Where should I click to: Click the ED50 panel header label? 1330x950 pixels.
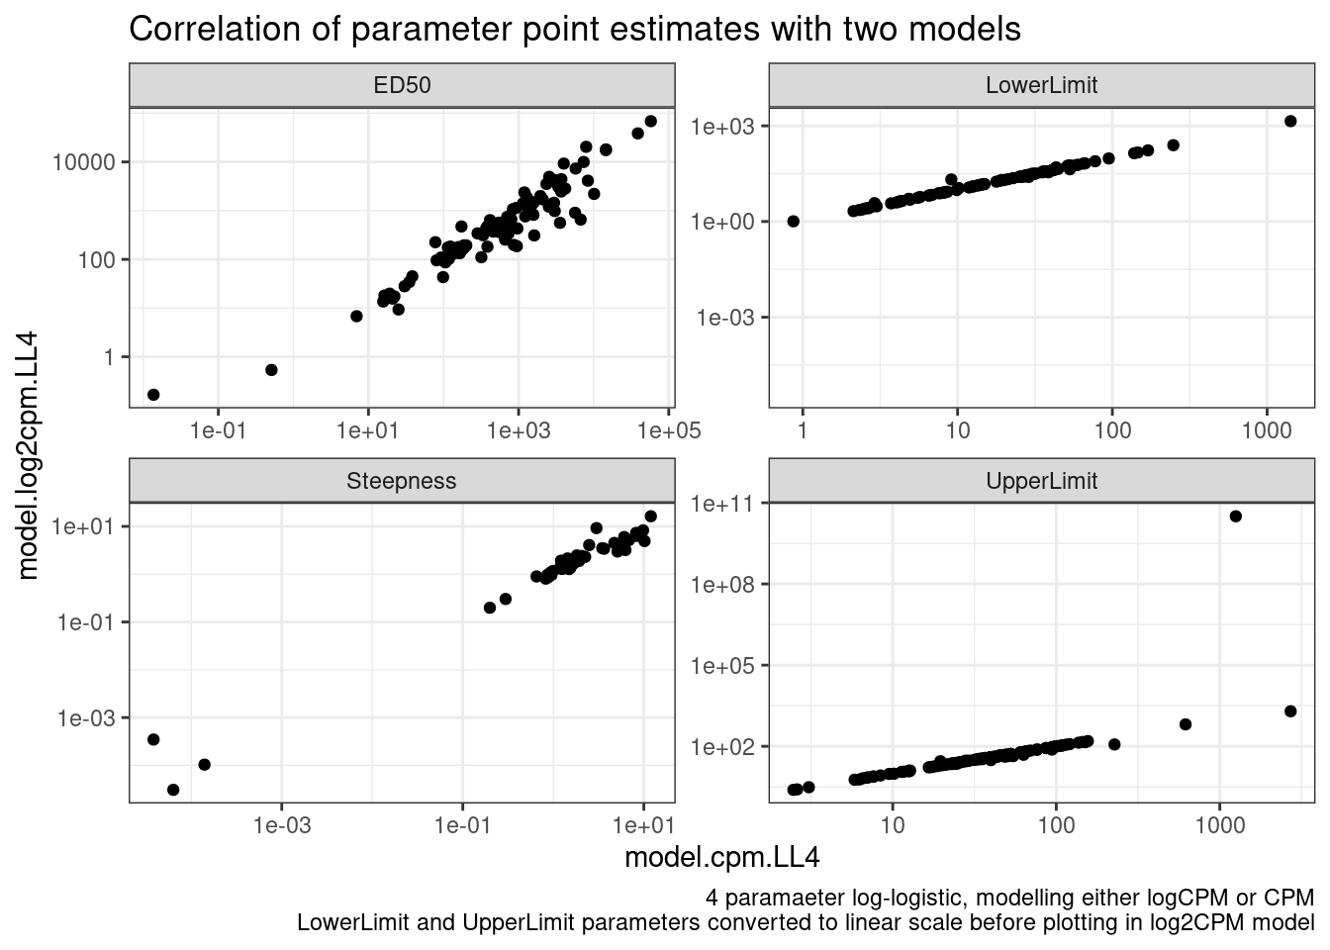click(x=402, y=85)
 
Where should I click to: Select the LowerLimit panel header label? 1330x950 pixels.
click(x=1041, y=85)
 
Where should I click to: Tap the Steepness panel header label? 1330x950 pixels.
click(x=402, y=482)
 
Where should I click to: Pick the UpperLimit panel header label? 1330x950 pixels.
click(x=1041, y=482)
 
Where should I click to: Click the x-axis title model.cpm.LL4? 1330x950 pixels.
click(x=721, y=858)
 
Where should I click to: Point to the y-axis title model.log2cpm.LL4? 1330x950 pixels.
click(x=29, y=455)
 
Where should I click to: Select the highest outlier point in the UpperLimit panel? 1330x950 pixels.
click(x=1235, y=517)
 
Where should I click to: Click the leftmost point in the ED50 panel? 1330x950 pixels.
click(x=153, y=395)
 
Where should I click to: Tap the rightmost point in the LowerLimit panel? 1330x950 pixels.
click(x=1290, y=121)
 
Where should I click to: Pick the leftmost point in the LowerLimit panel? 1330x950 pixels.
click(x=793, y=221)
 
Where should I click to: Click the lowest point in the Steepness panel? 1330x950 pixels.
click(x=173, y=790)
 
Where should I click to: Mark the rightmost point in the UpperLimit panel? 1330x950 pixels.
click(x=1290, y=712)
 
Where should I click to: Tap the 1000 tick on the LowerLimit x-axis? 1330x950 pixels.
click(x=1267, y=430)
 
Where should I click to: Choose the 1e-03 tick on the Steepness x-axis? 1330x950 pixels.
click(x=282, y=825)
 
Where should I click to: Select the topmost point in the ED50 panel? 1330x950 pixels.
click(x=650, y=121)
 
